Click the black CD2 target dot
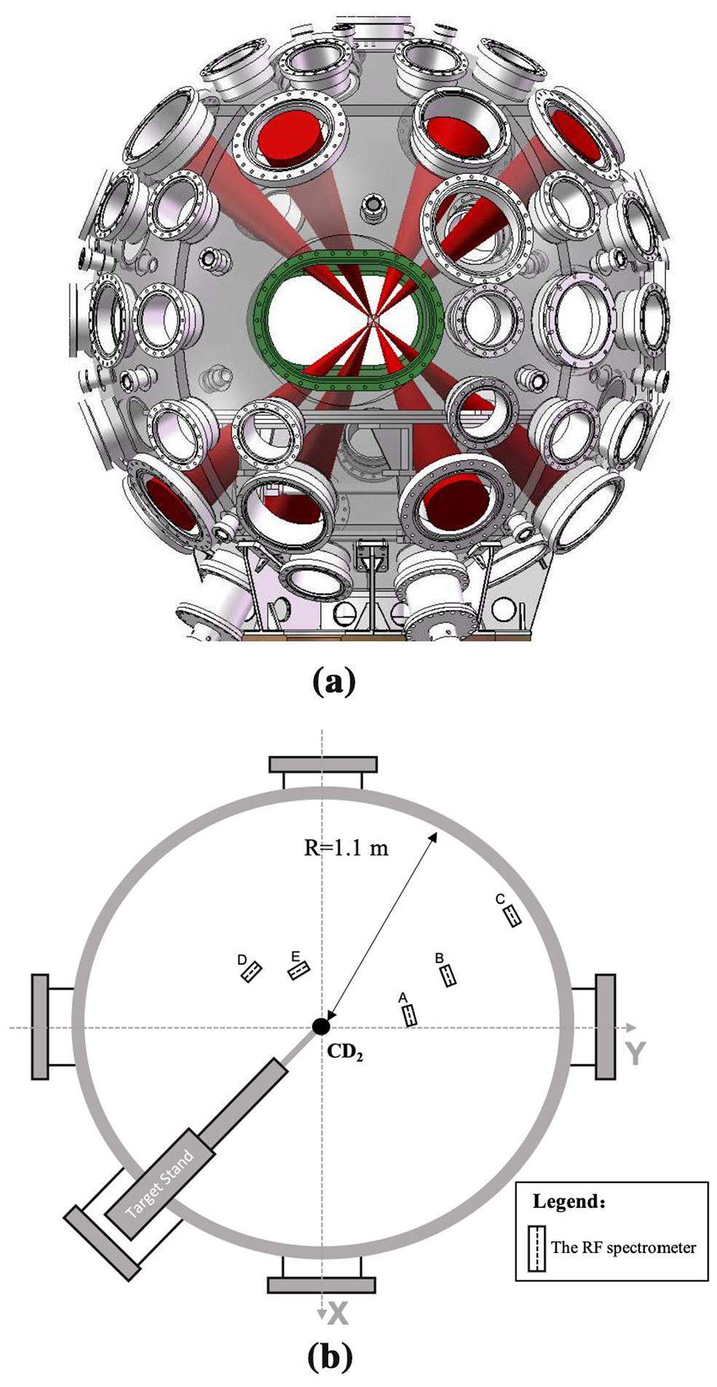[x=320, y=1026]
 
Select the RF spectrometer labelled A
[x=410, y=1014]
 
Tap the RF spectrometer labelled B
[x=449, y=975]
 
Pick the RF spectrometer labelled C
[x=512, y=914]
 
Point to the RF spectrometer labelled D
[x=251, y=971]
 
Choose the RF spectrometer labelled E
[x=298, y=970]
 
